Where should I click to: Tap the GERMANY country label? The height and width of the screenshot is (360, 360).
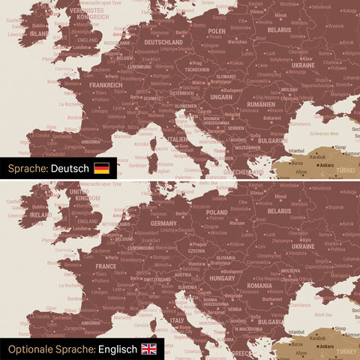[x=163, y=223]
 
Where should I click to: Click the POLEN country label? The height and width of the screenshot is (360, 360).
[x=216, y=31]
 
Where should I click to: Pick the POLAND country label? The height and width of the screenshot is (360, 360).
[x=217, y=212]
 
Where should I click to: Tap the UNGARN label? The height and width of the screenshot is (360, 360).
[x=221, y=97]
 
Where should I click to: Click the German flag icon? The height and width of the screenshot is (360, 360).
[x=101, y=168]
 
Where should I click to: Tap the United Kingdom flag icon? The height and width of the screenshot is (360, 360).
[x=149, y=349]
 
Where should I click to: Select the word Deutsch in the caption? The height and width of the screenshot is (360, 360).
[x=70, y=168]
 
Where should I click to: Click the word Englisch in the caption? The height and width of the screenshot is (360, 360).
[x=117, y=349]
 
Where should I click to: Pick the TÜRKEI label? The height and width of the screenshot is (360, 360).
[x=346, y=170]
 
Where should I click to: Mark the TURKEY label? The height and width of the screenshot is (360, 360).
[x=346, y=351]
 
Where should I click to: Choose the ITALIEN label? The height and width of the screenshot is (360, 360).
[x=178, y=139]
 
